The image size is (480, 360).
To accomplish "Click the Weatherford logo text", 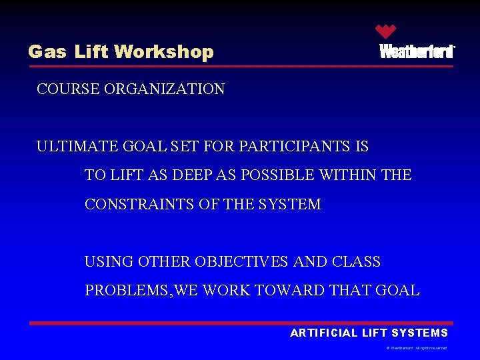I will tap(417, 52).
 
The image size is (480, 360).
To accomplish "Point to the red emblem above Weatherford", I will tap(385, 31).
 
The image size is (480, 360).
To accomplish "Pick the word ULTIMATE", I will tap(73, 146).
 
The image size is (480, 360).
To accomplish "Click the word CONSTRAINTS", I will tap(139, 205).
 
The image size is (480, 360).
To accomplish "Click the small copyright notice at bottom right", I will tap(416, 348).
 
